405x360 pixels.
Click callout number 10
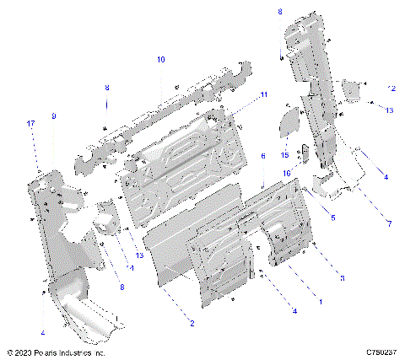pyautogui.click(x=160, y=60)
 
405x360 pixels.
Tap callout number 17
pyautogui.click(x=31, y=124)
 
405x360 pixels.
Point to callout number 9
pyautogui.click(x=53, y=116)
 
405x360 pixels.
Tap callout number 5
pyautogui.click(x=332, y=218)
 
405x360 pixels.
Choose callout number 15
pyautogui.click(x=285, y=155)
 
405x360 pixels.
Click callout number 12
pyautogui.click(x=390, y=89)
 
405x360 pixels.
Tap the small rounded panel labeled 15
pyautogui.click(x=289, y=124)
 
